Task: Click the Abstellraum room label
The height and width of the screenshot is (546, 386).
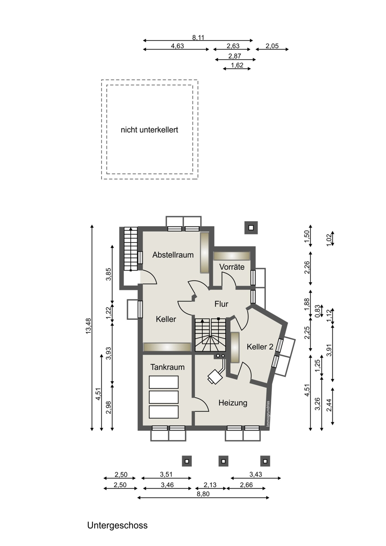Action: coord(173,255)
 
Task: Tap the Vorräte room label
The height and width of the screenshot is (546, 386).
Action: coord(232,267)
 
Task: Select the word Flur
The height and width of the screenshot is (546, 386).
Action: coord(221,304)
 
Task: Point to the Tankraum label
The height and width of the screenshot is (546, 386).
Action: coord(167,367)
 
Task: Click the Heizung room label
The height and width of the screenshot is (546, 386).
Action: coord(233,403)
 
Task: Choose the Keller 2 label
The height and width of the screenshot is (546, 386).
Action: coord(260,347)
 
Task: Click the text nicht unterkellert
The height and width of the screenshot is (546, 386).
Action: coord(149,130)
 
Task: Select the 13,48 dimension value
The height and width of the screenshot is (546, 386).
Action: coord(88,326)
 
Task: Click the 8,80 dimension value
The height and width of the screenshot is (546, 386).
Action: coord(203,494)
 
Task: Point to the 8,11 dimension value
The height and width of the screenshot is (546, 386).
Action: coord(198,37)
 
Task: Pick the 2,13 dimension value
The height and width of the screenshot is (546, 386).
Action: coord(210,485)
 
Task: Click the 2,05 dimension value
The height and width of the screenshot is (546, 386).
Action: coord(272,46)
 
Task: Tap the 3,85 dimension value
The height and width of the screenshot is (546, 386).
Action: coord(109,274)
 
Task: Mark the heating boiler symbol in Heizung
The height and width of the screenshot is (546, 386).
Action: coord(214,377)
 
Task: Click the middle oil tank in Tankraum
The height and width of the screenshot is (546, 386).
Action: coord(163,397)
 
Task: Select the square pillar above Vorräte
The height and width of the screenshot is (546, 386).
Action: coord(251,227)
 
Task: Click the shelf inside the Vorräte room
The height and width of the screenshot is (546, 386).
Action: coord(232,256)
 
